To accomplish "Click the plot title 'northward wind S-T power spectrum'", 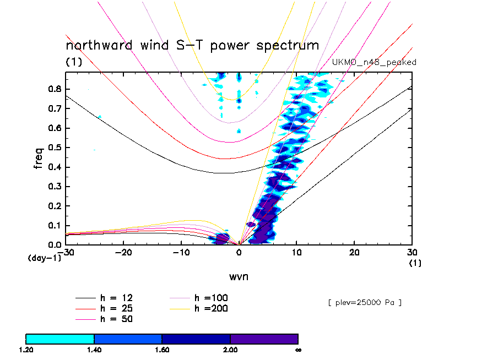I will click(x=192, y=45).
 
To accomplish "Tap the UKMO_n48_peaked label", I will click(x=374, y=62).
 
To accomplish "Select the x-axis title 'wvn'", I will click(x=239, y=276).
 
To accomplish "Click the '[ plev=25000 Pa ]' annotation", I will click(x=364, y=302).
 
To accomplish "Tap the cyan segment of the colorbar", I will click(x=60, y=339).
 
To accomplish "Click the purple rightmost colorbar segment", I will click(x=264, y=339).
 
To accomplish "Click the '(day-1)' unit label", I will click(x=44, y=258).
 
